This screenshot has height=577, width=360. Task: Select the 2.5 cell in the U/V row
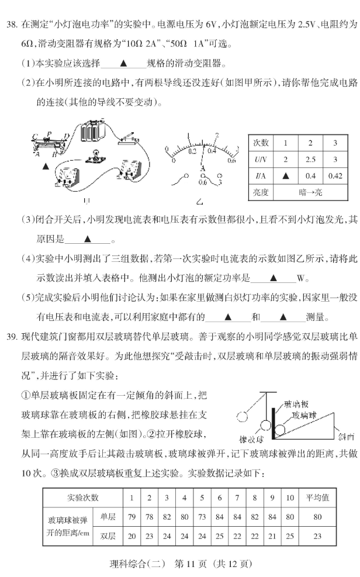coord(310,159)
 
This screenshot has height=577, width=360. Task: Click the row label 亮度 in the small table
coord(261,191)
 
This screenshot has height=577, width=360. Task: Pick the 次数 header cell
coord(261,143)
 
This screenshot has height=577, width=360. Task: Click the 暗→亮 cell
coord(310,191)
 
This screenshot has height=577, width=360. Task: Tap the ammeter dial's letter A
coord(202,167)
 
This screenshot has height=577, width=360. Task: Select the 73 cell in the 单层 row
coord(202,517)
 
